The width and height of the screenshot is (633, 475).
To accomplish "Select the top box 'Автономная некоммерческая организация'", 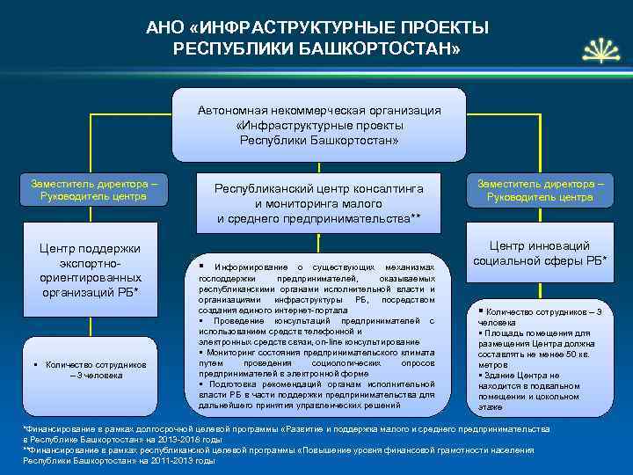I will [x=319, y=124].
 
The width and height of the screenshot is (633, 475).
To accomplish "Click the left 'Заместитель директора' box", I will [x=94, y=190].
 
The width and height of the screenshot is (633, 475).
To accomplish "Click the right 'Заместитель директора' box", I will [x=540, y=191].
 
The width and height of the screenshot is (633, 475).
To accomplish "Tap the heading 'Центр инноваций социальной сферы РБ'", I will [x=540, y=254].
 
